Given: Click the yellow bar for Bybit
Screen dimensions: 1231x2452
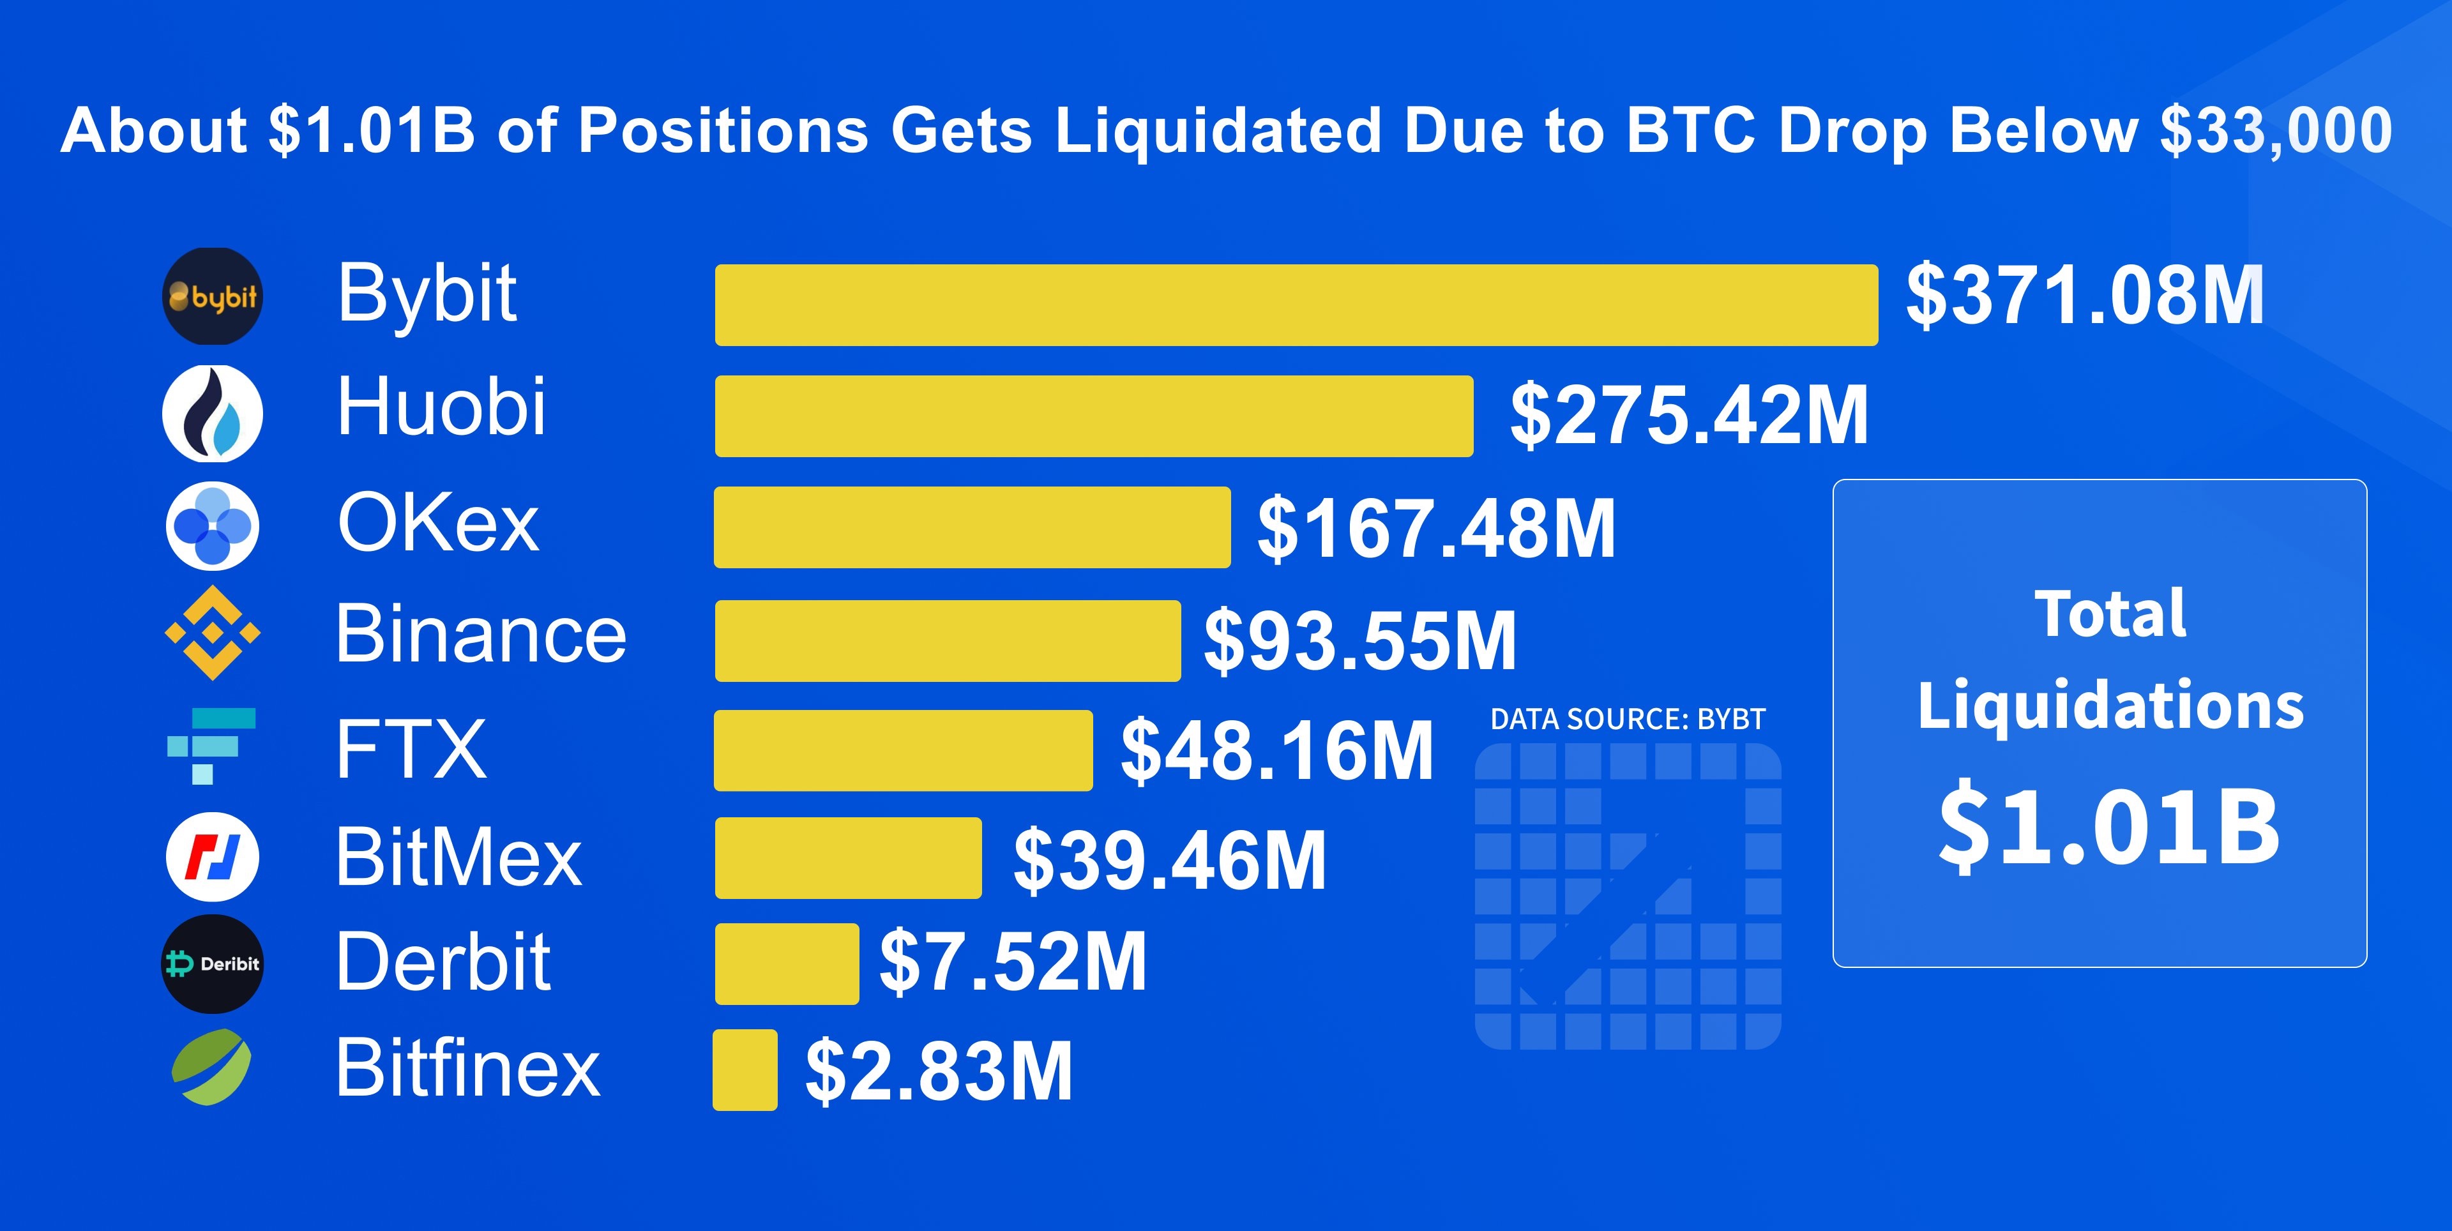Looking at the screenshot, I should pos(1296,305).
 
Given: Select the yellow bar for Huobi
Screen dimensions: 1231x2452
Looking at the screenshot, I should pos(1094,416).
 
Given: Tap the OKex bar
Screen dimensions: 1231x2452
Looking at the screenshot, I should pos(972,527).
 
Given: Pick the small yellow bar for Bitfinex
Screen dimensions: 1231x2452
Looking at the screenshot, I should pos(745,1070).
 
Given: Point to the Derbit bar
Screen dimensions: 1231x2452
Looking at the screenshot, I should pos(786,963).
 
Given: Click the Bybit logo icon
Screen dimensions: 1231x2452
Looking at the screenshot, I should pos(212,296).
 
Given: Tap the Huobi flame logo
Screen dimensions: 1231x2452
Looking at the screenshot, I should pos(212,413).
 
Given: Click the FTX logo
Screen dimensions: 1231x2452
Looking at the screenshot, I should pos(211,746).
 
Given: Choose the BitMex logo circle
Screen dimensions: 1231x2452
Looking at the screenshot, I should pos(212,857).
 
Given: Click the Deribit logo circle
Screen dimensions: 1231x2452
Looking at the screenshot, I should pos(211,963).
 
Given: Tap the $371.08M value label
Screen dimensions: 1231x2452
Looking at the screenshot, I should pos(2085,296).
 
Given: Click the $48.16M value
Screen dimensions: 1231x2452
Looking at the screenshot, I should pos(1276,751).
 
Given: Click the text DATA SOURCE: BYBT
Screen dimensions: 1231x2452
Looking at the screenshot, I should pos(1627,719).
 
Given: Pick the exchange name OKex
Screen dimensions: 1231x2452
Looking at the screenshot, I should pos(438,523).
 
